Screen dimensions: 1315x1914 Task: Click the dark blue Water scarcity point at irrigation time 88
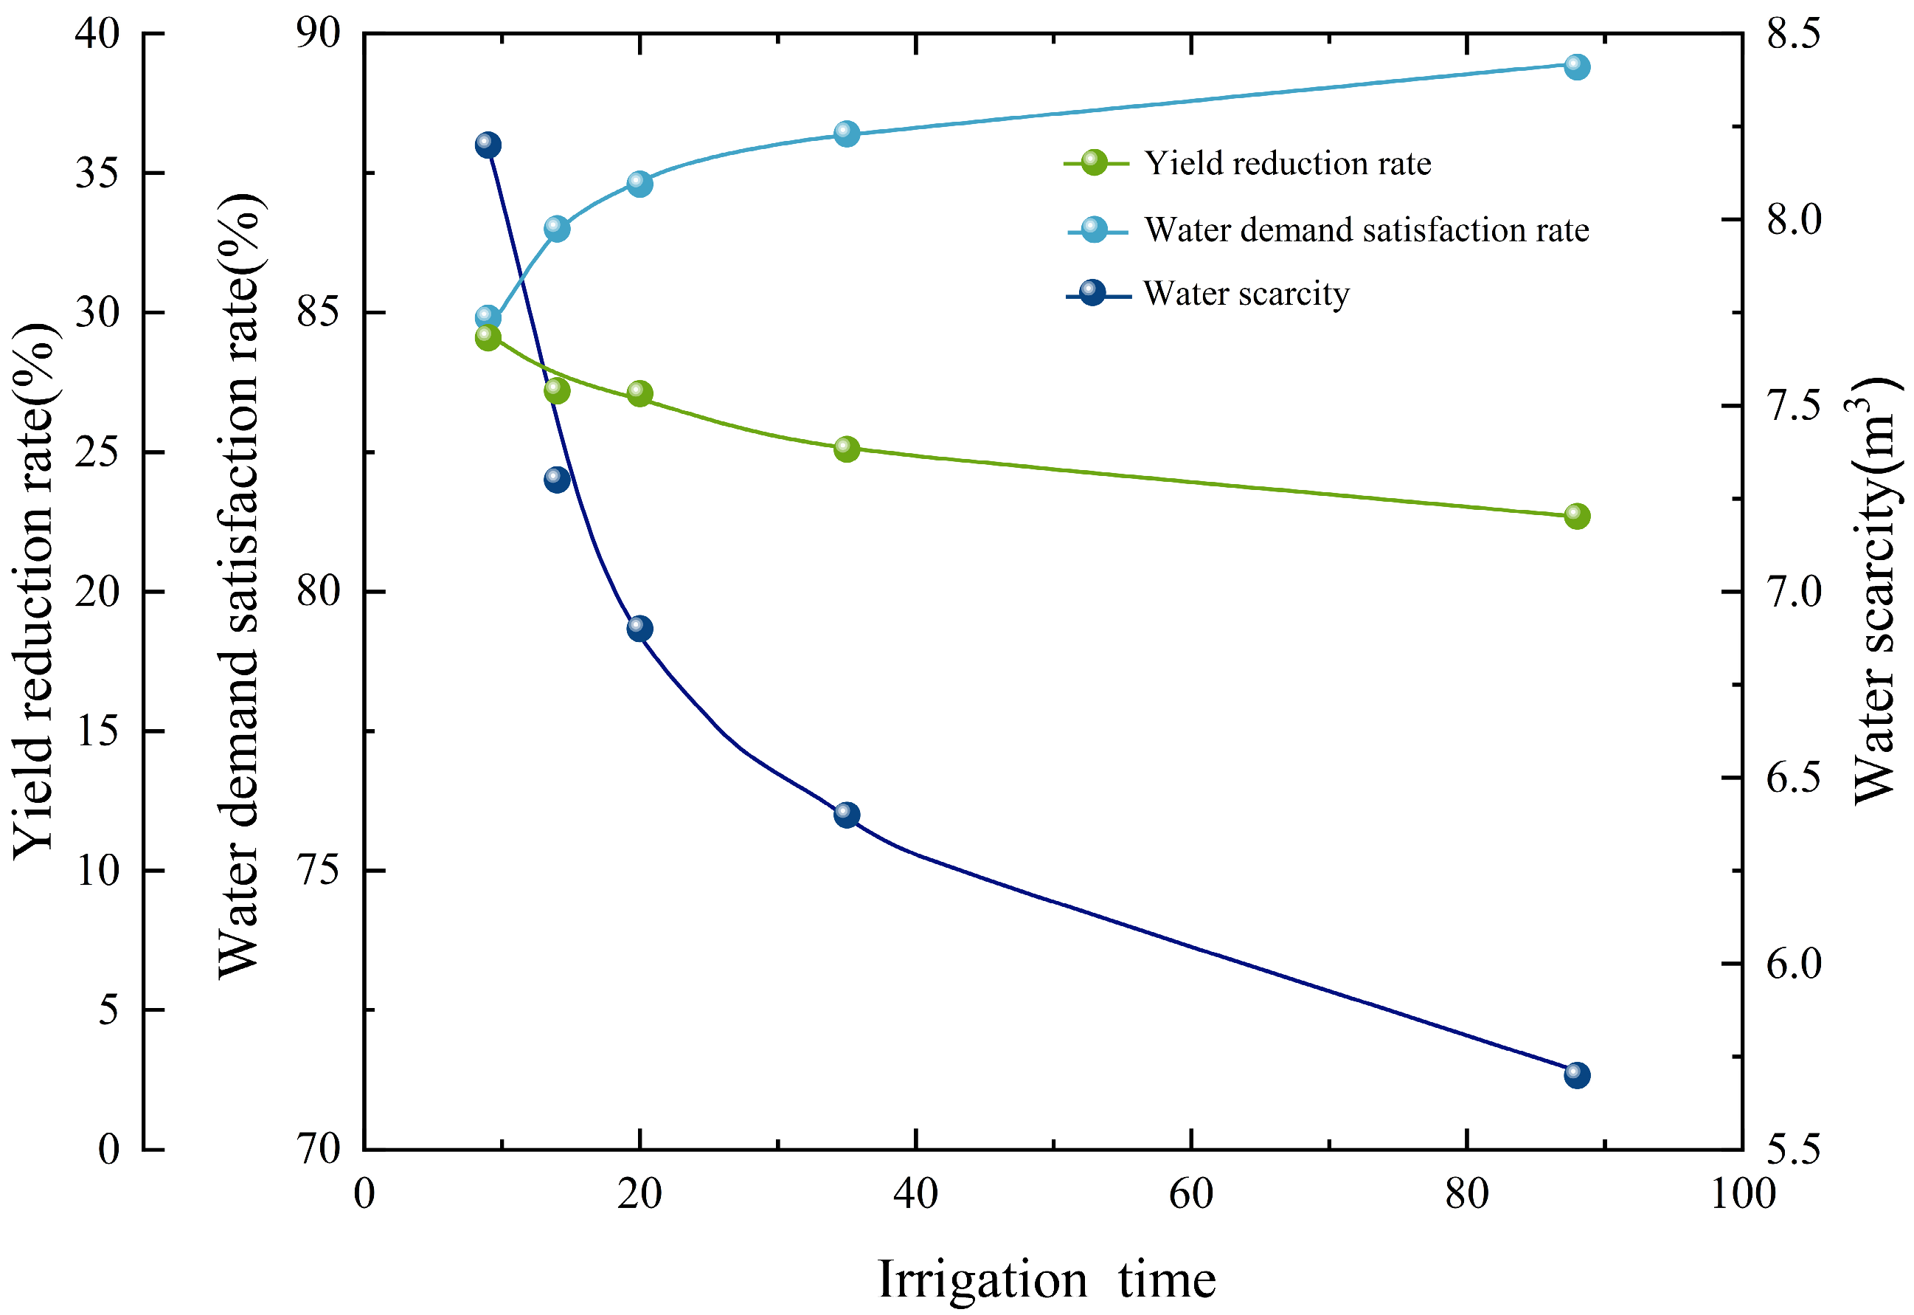coord(1576,1075)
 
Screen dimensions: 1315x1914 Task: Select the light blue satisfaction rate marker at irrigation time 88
coord(1576,66)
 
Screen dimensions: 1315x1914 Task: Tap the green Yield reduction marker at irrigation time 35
coord(847,449)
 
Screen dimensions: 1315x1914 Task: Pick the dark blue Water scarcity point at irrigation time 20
coord(640,629)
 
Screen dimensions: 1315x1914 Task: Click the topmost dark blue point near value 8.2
coord(488,146)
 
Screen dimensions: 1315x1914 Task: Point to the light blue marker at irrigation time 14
coord(557,229)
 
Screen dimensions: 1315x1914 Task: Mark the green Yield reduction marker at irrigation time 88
coord(1576,517)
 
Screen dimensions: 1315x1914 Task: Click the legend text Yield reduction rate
coord(1287,163)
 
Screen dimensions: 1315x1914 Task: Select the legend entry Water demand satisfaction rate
coord(1366,230)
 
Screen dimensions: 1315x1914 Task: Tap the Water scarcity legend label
coord(1246,293)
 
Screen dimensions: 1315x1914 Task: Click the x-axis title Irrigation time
coord(1047,1280)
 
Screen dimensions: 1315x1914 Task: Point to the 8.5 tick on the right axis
coord(1793,33)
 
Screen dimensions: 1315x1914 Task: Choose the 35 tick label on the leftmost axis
coord(97,173)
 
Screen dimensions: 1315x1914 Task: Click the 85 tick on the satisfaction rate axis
coord(318,312)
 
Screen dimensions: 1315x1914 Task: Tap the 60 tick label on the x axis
coord(1191,1194)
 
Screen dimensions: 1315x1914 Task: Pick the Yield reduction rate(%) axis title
coord(35,591)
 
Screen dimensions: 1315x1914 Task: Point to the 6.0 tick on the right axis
coord(1793,963)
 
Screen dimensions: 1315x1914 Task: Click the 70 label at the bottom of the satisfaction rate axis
coord(318,1150)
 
